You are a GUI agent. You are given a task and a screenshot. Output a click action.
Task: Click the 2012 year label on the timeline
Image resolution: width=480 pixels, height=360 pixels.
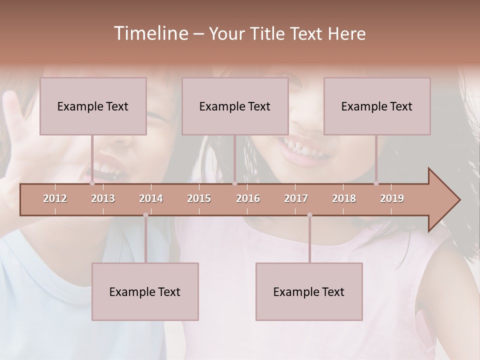click(55, 198)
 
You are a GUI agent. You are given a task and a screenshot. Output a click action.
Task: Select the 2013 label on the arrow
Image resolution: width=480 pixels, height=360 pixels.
click(103, 198)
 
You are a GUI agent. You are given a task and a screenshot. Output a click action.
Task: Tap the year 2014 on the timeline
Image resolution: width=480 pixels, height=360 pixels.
click(151, 198)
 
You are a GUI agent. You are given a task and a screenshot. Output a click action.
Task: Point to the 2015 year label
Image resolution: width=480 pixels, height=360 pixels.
click(199, 198)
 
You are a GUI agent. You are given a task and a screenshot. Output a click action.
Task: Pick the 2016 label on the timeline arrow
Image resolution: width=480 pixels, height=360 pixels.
click(248, 198)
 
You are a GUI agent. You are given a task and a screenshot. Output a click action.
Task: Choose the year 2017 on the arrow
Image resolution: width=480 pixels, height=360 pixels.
click(296, 198)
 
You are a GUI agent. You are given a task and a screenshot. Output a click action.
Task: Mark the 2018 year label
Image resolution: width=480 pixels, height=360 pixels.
click(344, 198)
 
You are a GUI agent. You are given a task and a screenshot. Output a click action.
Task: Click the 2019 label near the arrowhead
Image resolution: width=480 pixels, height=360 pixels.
click(392, 198)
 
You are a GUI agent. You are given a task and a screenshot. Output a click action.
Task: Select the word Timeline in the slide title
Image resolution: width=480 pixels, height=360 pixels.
click(149, 33)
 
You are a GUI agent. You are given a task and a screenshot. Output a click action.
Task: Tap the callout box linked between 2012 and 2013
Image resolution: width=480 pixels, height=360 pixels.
click(93, 106)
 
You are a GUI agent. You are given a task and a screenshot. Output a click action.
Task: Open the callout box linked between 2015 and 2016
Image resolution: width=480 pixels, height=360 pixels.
click(235, 106)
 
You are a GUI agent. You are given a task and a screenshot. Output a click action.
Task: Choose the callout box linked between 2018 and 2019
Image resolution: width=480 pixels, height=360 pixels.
click(377, 106)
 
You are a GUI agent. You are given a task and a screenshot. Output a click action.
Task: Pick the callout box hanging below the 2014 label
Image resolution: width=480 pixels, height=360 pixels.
click(145, 291)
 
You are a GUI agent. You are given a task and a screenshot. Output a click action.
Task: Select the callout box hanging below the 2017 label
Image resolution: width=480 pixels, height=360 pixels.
click(309, 291)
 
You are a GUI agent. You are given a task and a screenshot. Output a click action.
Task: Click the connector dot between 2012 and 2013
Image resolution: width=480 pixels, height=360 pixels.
click(92, 183)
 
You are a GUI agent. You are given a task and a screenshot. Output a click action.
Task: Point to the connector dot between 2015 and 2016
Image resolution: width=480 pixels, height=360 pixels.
click(234, 183)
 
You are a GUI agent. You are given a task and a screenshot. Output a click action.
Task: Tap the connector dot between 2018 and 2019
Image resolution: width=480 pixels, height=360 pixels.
click(376, 183)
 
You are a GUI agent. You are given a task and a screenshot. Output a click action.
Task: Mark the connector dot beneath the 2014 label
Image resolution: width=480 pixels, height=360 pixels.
click(145, 215)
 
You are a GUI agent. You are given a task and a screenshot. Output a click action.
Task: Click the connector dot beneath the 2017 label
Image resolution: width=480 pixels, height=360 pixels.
click(309, 215)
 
